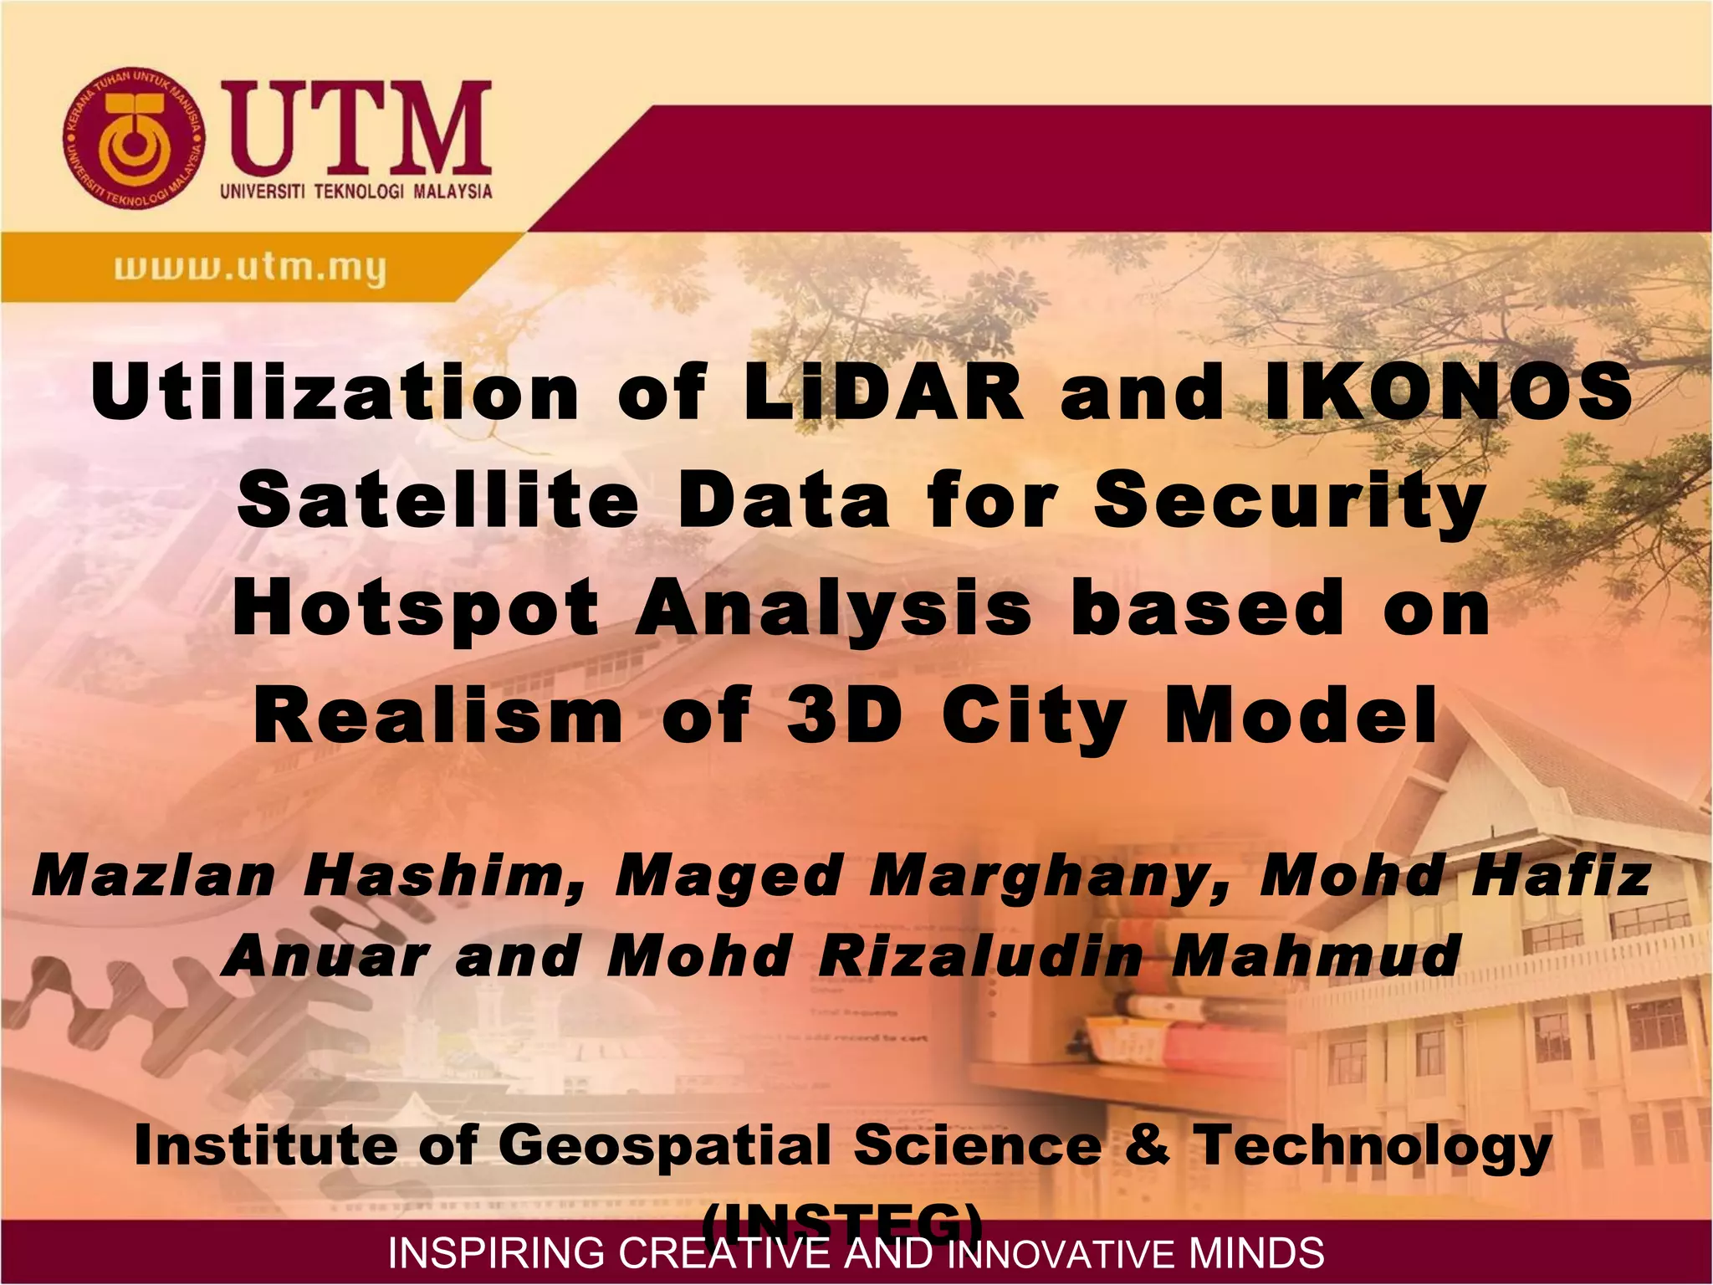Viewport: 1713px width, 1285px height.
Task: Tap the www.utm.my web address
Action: [x=250, y=269]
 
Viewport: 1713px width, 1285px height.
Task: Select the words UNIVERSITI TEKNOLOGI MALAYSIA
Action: [x=356, y=192]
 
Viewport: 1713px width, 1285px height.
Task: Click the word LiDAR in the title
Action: [x=882, y=392]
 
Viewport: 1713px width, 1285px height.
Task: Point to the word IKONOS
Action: [x=1447, y=392]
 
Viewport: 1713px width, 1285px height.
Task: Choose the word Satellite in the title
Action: [x=437, y=500]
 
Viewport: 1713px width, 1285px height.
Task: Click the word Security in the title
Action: [x=1289, y=500]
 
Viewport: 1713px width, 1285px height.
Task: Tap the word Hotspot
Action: [x=416, y=609]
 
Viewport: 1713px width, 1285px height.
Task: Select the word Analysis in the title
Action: [x=834, y=609]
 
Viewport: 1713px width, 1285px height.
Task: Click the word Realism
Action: [x=438, y=716]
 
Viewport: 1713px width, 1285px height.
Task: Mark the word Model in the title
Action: [x=1301, y=716]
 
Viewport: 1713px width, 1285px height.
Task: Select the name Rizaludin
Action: [x=979, y=955]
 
